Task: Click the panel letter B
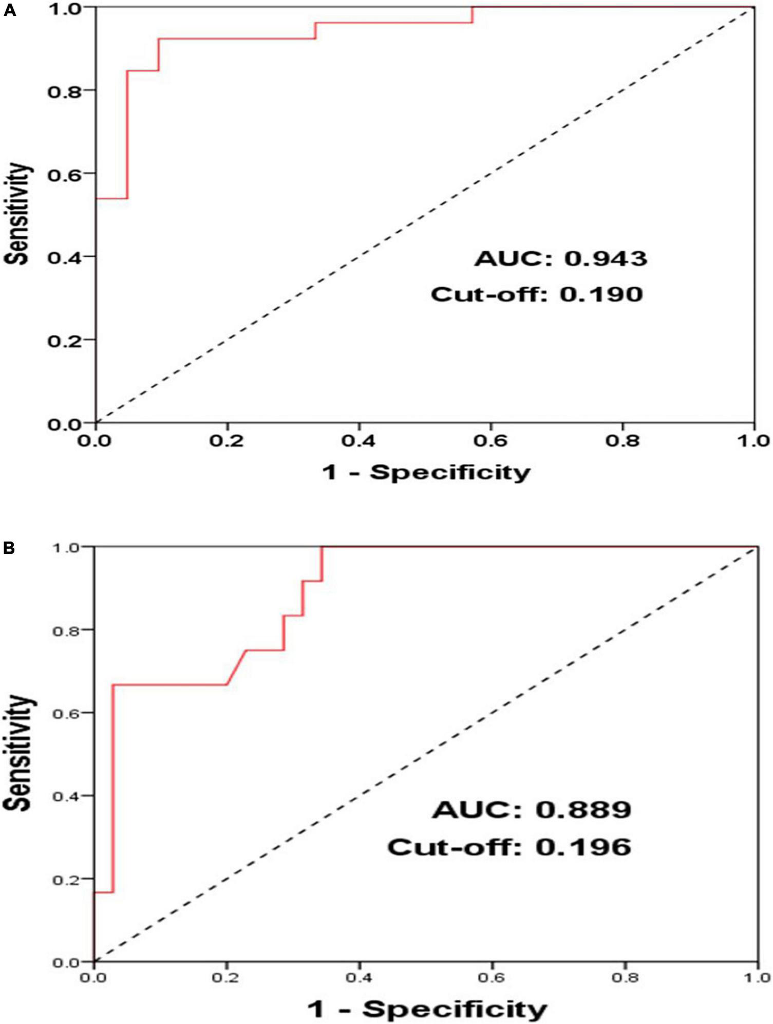point(9,548)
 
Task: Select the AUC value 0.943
point(606,258)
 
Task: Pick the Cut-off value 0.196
point(583,847)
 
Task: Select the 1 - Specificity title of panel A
point(425,471)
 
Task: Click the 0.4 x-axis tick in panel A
point(359,441)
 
